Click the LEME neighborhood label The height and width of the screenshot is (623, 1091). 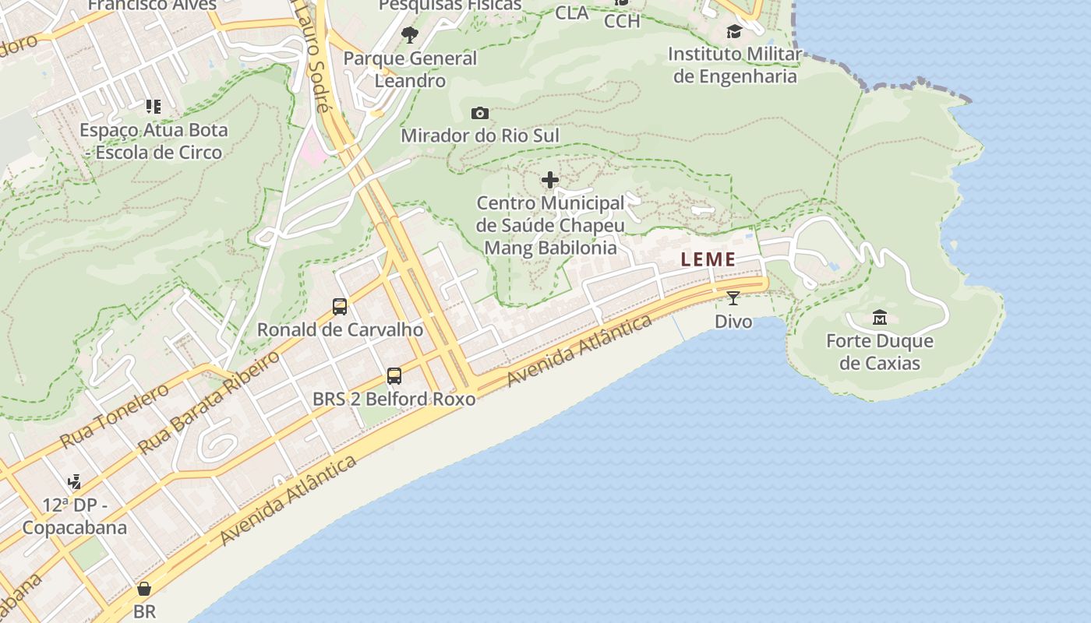pos(708,259)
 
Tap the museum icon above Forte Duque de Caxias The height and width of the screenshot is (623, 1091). pos(880,317)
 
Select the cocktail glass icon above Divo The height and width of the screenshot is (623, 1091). pos(733,297)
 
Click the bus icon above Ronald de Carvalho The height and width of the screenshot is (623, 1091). pos(340,306)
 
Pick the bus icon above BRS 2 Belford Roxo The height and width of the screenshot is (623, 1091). pos(394,376)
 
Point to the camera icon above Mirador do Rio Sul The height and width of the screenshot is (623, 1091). pos(480,113)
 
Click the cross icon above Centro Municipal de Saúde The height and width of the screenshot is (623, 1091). pos(550,181)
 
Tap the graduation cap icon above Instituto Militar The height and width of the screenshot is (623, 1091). pos(734,31)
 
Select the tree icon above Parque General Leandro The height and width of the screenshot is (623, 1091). pos(410,34)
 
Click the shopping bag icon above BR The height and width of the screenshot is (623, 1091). pos(144,588)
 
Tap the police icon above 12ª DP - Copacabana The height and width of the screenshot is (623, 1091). pos(74,482)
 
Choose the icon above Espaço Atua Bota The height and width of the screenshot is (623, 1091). pos(153,106)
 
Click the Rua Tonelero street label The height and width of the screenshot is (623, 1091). pos(114,416)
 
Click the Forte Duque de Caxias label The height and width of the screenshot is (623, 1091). pos(879,352)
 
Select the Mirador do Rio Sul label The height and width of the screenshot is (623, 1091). pos(480,136)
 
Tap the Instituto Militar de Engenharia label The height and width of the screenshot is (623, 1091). pos(735,65)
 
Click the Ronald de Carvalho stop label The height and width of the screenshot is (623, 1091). pos(340,329)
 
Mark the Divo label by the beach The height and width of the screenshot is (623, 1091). pos(733,322)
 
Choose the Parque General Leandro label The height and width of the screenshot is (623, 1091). pos(410,69)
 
